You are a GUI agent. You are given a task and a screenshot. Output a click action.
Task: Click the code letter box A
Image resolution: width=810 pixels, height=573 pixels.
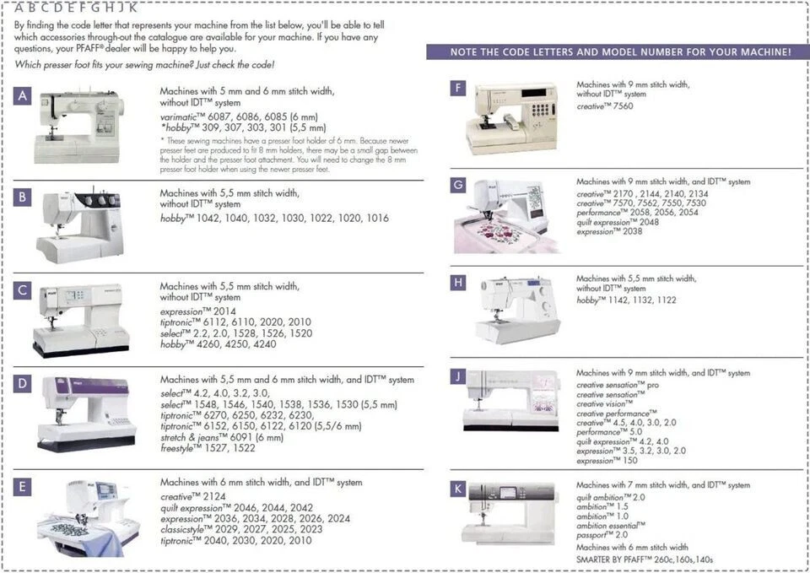tap(23, 96)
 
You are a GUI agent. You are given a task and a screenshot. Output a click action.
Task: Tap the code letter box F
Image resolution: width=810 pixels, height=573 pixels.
tap(457, 88)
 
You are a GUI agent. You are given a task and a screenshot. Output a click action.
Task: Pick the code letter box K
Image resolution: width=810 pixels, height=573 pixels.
tap(457, 489)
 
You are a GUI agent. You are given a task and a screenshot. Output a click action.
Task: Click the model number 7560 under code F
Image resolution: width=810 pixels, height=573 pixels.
tap(623, 107)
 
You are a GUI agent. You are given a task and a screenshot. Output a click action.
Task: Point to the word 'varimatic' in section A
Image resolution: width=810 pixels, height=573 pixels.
tap(181, 116)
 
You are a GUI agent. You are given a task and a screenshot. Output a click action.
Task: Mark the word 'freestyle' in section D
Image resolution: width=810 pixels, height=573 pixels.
tap(180, 448)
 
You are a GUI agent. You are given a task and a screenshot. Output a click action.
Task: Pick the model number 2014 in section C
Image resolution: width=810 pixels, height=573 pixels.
tap(224, 311)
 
